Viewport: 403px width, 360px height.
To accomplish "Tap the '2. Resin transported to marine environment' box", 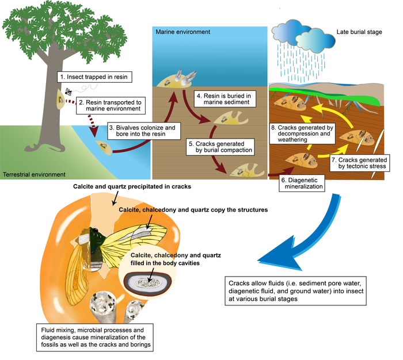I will coord(109,106).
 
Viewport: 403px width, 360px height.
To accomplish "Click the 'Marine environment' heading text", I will coord(183,32).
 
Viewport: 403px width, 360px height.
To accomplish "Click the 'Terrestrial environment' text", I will coord(34,173).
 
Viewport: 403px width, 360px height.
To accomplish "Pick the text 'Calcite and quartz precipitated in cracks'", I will coord(131,187).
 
